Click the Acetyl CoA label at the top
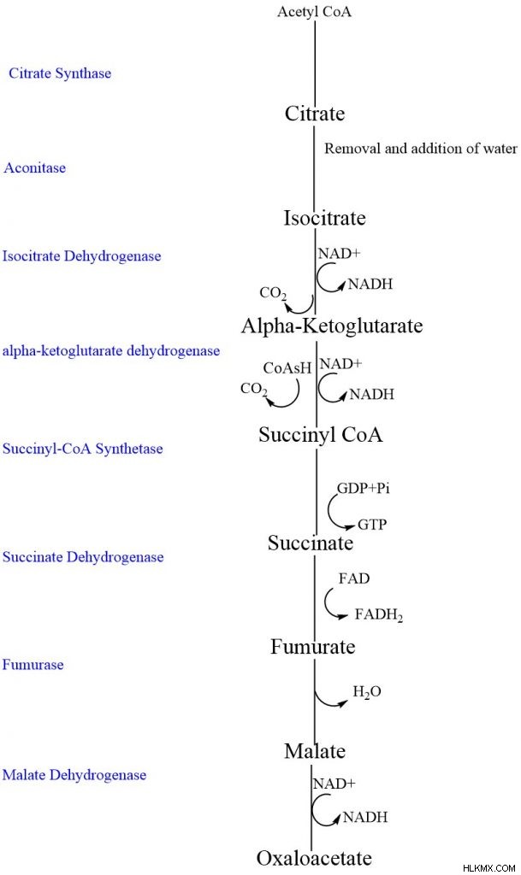point(314,12)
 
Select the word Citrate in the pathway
point(315,114)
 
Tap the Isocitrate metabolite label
point(324,218)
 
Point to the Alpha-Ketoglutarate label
point(332,326)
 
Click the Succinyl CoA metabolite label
point(321,435)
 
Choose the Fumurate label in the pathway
point(313,647)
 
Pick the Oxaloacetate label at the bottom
point(314,858)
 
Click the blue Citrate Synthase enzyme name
point(60,73)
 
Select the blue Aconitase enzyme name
point(34,167)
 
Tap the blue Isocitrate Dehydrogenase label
point(81,256)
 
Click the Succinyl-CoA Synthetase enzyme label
point(83,449)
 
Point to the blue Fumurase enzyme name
point(33,665)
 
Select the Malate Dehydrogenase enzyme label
point(74,775)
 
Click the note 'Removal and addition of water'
point(421,149)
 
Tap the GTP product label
point(372,525)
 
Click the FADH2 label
point(379,615)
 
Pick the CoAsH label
point(287,368)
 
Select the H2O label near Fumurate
point(367,692)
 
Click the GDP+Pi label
point(364,488)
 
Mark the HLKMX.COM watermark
point(489,868)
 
